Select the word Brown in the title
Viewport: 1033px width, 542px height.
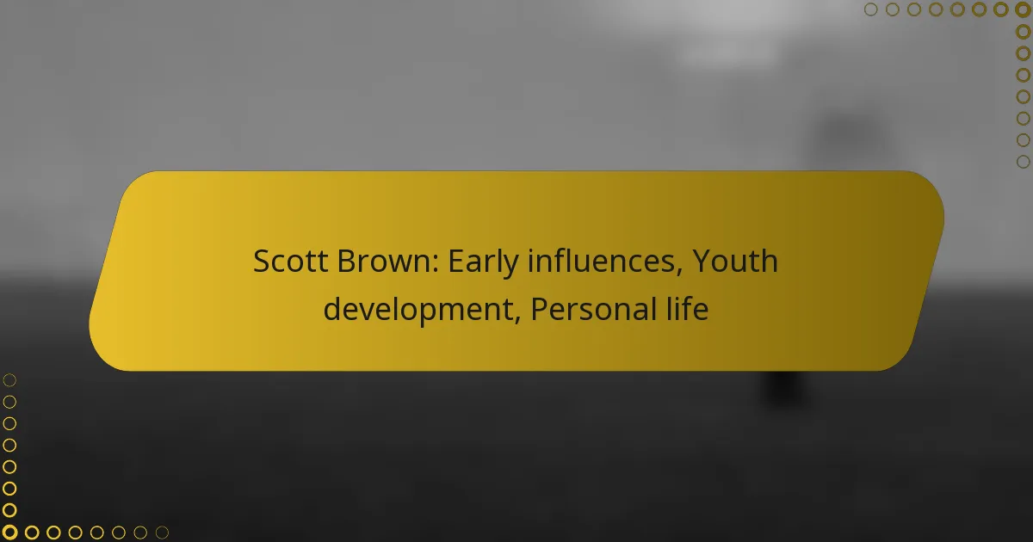(387, 261)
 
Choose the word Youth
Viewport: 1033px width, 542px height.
(735, 261)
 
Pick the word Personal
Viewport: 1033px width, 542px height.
(593, 309)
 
